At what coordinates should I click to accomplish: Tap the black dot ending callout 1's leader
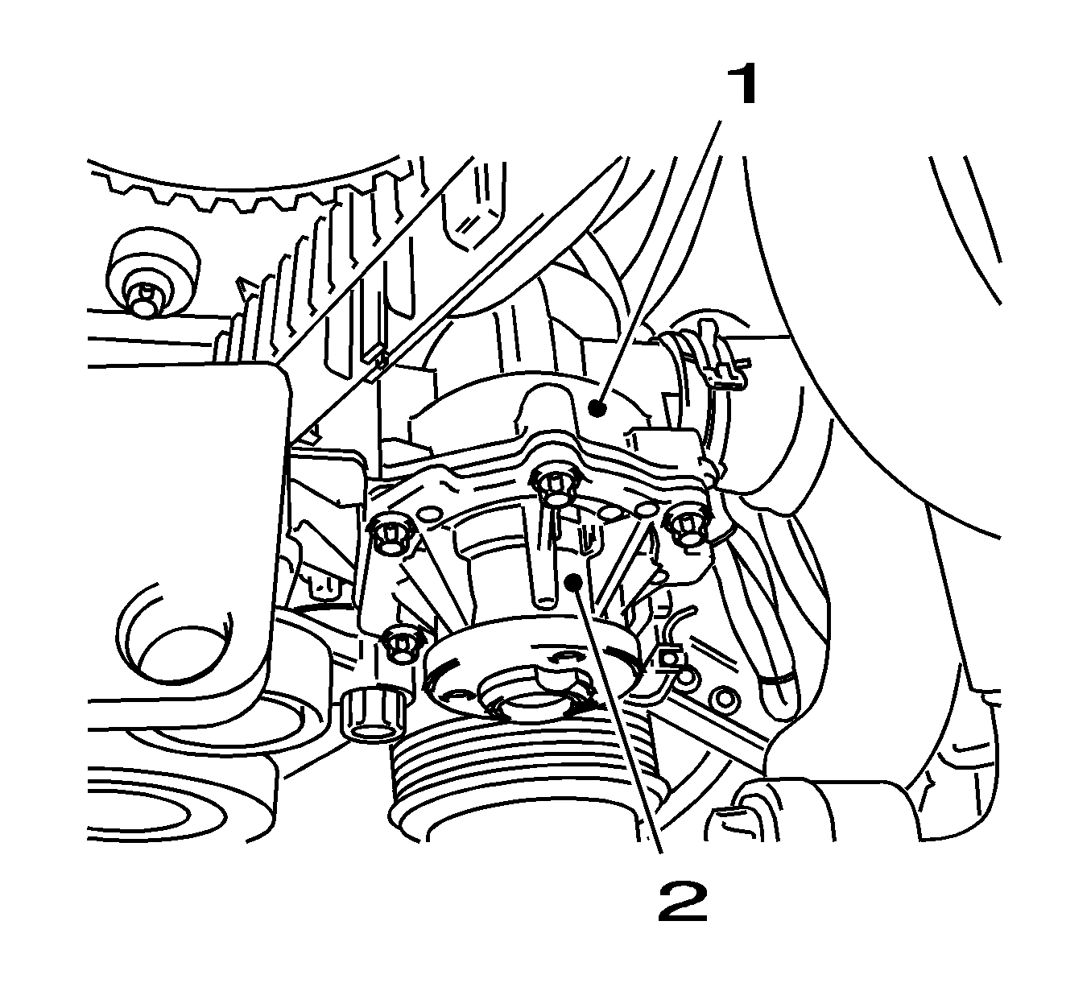pos(597,409)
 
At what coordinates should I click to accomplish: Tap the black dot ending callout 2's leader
pos(573,581)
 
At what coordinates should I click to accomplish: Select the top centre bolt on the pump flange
pos(554,485)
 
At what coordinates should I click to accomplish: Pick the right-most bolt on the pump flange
pos(687,527)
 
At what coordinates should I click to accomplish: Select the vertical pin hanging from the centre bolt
pos(546,564)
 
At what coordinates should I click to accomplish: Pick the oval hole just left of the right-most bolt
pos(647,510)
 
